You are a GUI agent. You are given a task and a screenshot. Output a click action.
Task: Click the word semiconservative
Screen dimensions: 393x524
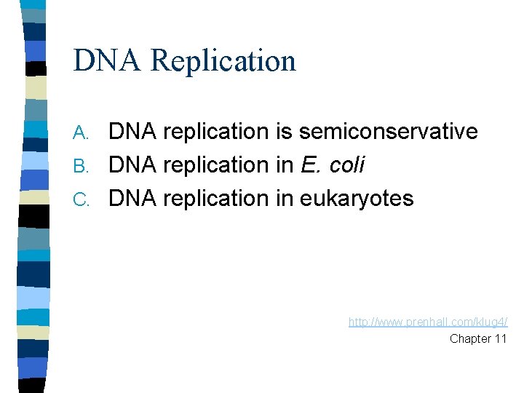point(388,132)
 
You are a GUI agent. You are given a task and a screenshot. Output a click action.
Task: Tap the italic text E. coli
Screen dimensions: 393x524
point(333,165)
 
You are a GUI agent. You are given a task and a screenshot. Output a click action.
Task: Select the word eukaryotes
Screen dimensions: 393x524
point(357,199)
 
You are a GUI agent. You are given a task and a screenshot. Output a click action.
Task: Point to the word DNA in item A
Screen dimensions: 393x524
point(134,132)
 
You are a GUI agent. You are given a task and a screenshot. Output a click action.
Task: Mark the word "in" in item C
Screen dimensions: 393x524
point(285,199)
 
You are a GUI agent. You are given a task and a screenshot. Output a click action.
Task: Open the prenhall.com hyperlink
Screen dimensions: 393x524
point(428,322)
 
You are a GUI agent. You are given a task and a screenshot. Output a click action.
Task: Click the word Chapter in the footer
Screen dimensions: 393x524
point(469,338)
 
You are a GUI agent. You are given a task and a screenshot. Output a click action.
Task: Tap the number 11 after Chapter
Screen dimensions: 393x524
point(500,338)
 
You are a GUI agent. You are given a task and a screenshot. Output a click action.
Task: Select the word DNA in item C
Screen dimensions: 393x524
point(134,199)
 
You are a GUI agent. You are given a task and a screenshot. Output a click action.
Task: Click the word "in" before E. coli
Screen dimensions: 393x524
point(285,165)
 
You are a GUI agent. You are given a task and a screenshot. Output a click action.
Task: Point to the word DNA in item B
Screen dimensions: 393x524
point(134,165)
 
